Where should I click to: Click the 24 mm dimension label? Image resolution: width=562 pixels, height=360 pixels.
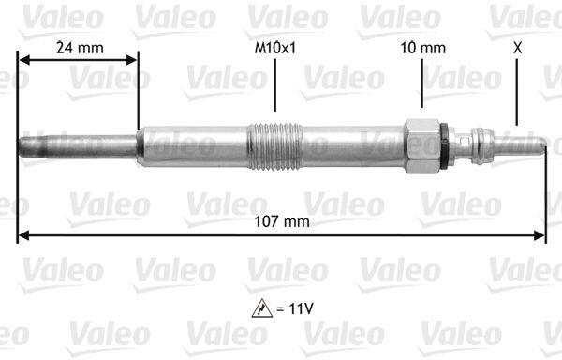click(80, 48)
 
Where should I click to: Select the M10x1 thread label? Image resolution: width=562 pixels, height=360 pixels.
click(274, 48)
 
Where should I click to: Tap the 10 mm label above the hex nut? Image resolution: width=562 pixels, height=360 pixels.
click(423, 48)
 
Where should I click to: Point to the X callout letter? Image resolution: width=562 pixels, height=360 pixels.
click(517, 48)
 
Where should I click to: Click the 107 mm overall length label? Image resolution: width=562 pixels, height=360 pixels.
click(282, 221)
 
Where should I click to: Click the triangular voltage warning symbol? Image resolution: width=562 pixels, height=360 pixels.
click(262, 308)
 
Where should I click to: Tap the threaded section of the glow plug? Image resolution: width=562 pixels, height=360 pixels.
click(274, 145)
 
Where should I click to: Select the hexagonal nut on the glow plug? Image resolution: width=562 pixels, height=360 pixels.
click(422, 146)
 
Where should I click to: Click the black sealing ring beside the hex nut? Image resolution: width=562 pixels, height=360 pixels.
click(444, 145)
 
